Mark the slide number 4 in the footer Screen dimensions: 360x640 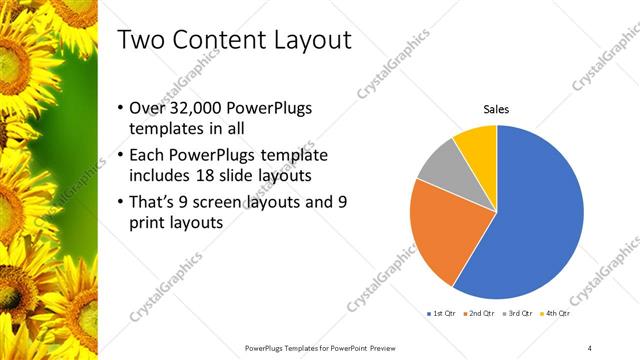590,347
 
